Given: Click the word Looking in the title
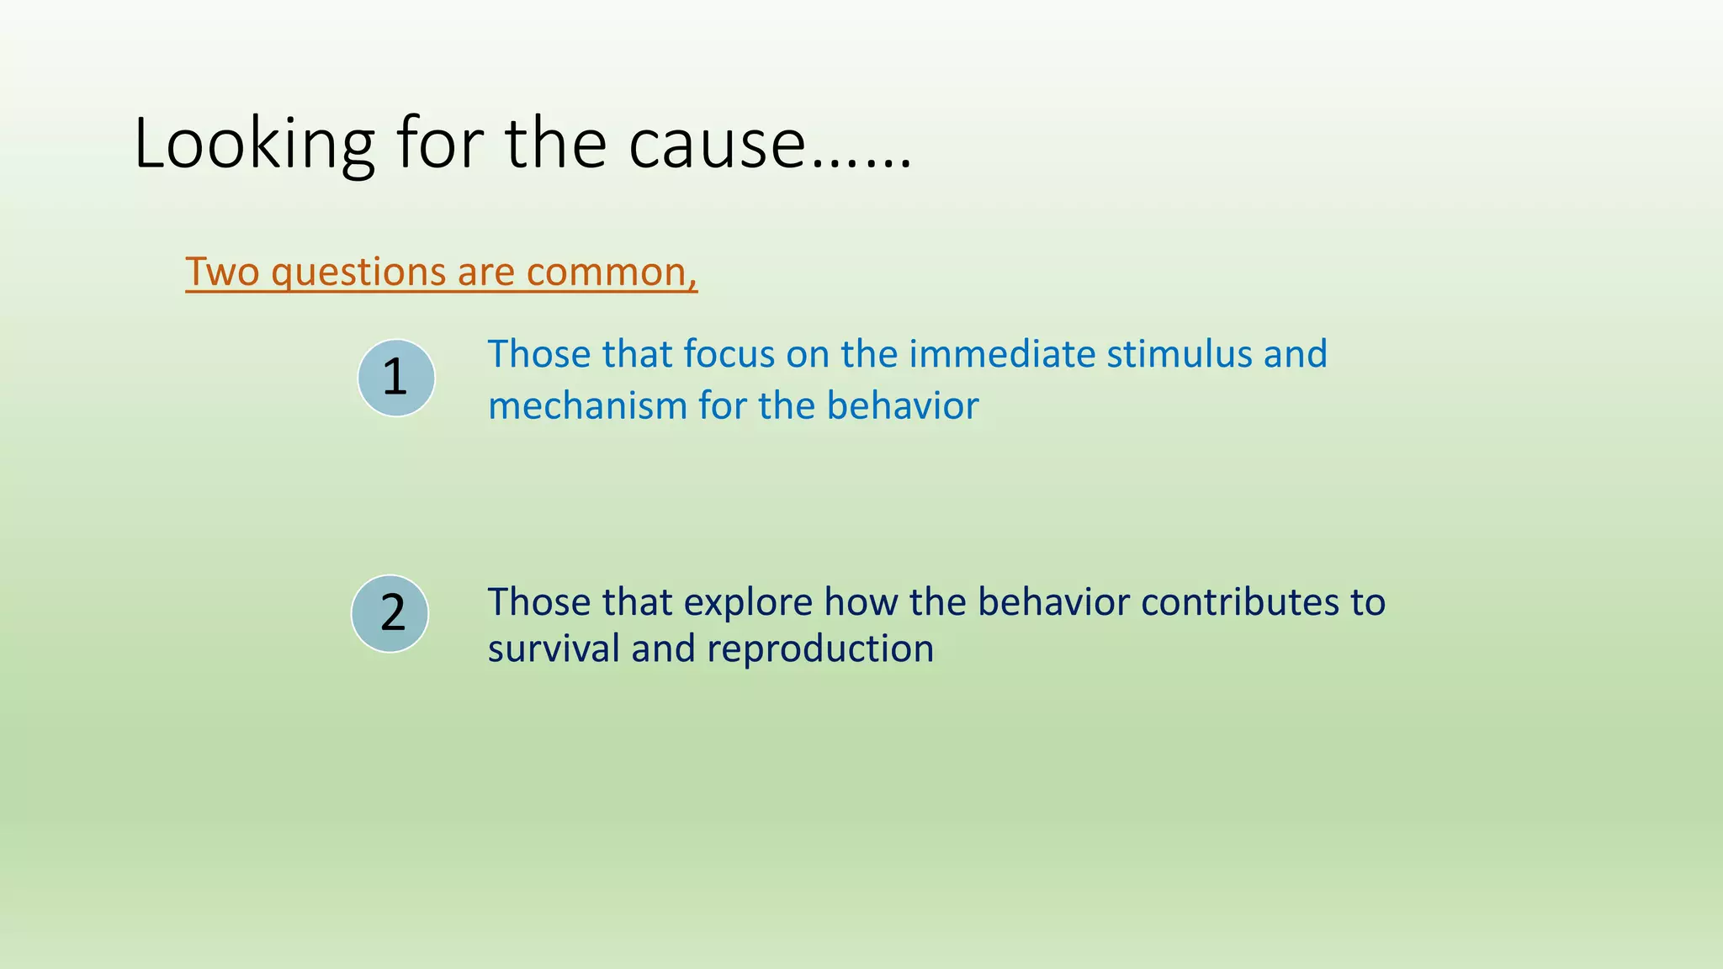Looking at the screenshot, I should coord(253,145).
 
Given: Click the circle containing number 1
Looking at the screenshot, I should coord(395,378).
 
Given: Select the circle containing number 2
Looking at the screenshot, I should coord(390,614).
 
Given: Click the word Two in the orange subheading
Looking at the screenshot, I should coord(222,272).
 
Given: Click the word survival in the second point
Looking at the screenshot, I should coord(554,649).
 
